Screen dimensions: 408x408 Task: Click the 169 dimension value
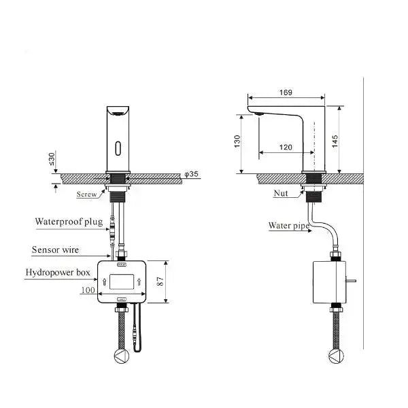point(286,92)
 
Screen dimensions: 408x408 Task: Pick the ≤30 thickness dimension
point(52,158)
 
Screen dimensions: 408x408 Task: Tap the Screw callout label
point(86,194)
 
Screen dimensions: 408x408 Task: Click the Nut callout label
point(280,194)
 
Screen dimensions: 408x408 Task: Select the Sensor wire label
point(55,250)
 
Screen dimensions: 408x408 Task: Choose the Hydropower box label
point(57,273)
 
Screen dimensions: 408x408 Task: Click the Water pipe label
point(289,225)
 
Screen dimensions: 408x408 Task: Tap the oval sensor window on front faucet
point(120,146)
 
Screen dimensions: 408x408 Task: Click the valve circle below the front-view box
point(120,356)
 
